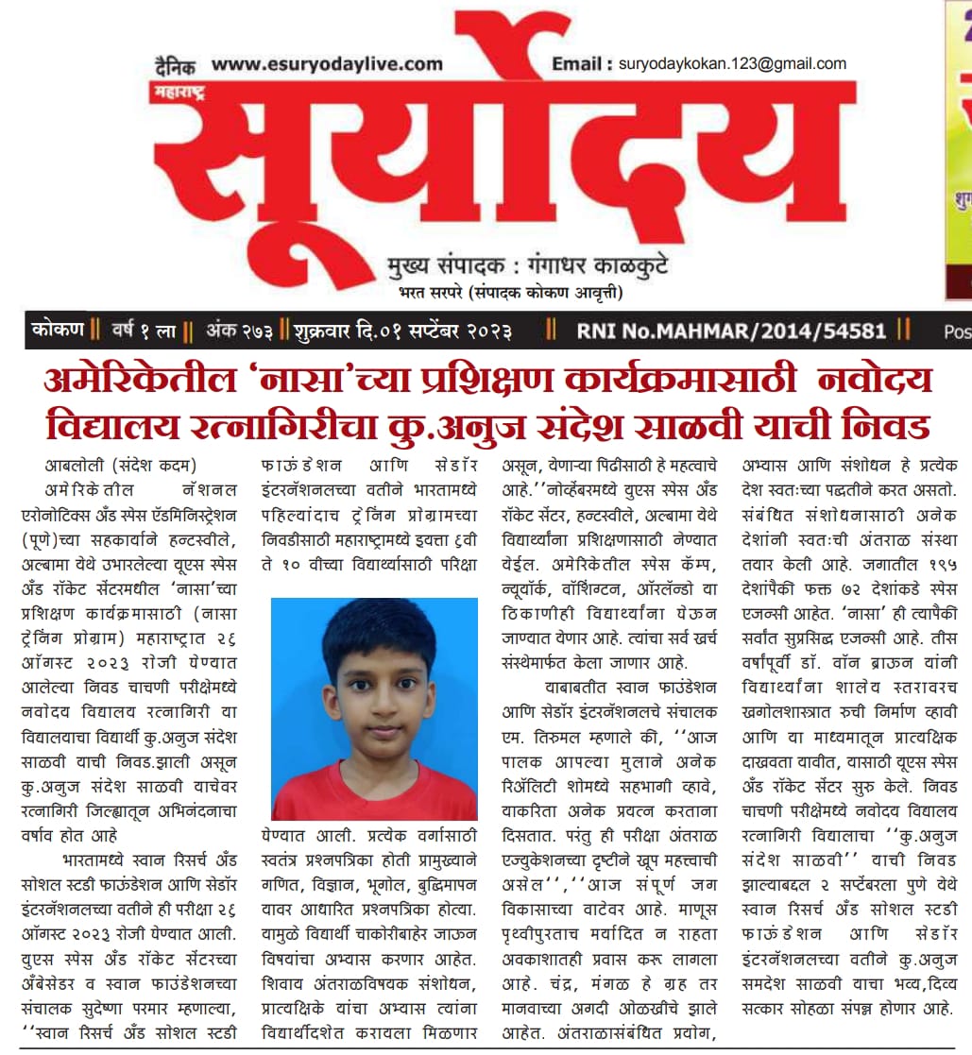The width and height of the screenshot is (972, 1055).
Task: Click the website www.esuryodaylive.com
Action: coord(326,64)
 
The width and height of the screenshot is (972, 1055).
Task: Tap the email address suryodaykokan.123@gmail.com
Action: coord(732,64)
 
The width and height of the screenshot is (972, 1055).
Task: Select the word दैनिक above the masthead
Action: coord(176,66)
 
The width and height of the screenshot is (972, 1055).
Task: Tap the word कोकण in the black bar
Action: coord(58,332)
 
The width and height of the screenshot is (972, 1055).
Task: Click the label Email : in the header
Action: coord(580,64)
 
